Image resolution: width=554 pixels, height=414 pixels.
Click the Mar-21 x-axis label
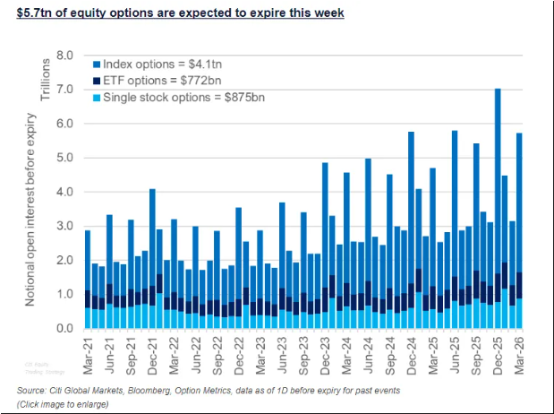coord(88,352)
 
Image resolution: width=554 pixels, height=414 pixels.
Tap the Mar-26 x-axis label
coord(518,352)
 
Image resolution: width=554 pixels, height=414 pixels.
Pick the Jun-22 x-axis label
coord(195,352)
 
